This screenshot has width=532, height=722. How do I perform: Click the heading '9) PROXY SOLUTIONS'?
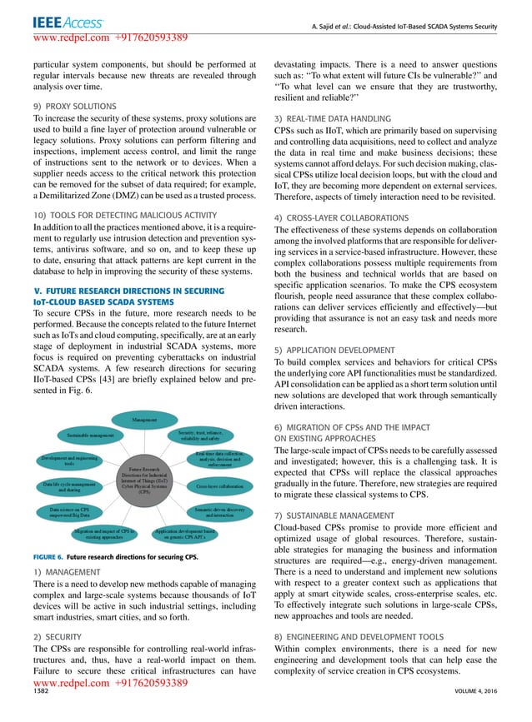point(73,106)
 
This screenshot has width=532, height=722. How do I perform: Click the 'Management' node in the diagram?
point(145,420)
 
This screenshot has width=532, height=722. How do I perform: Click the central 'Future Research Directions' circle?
point(145,481)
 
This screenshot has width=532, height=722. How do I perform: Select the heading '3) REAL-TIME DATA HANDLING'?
point(333,120)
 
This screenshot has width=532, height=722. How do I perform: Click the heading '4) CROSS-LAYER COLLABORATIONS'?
point(341,217)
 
